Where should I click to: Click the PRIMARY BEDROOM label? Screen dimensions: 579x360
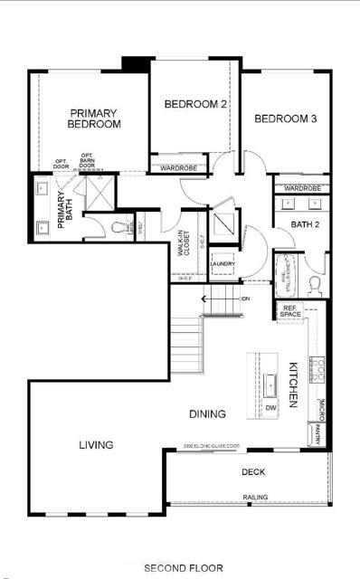tap(94, 119)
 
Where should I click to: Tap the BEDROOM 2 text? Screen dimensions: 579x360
tap(194, 105)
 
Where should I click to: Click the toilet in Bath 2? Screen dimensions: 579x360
tap(315, 283)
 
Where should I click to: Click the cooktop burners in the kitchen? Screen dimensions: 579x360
tap(318, 366)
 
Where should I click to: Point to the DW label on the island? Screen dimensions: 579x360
tap(270, 408)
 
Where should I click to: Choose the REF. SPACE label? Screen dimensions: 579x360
tap(289, 311)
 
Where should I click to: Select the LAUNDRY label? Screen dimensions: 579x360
tap(223, 263)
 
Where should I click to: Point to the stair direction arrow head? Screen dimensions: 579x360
tap(204, 298)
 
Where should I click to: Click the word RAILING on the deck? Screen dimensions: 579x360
tap(254, 497)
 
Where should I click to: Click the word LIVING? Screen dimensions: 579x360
tap(95, 444)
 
